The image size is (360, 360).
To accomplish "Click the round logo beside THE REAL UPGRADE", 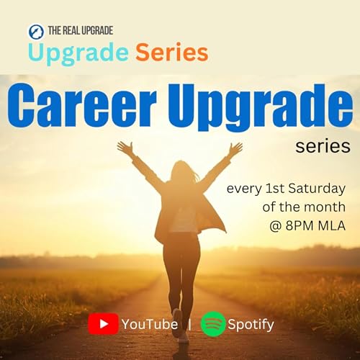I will [36, 31].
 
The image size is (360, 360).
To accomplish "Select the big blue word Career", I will [86, 108].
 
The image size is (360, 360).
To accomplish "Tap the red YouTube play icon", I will [103, 324].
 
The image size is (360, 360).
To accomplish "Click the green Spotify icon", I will [213, 324].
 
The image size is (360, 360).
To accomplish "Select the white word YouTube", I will [150, 325].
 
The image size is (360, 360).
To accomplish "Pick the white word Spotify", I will [251, 325].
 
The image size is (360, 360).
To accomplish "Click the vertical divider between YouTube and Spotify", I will [189, 324].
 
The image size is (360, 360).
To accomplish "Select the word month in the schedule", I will [320, 208].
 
